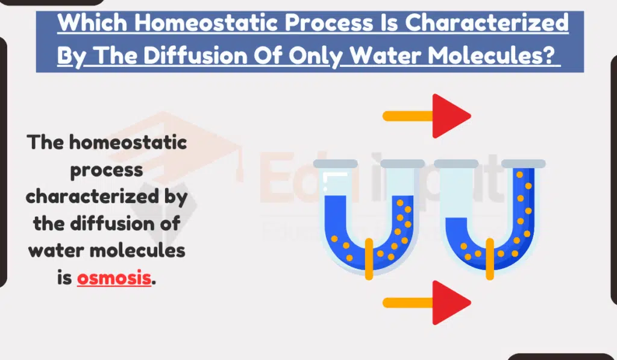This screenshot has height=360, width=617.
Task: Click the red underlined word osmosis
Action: pyautogui.click(x=114, y=279)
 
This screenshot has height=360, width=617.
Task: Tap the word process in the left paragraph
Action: pyautogui.click(x=107, y=169)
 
